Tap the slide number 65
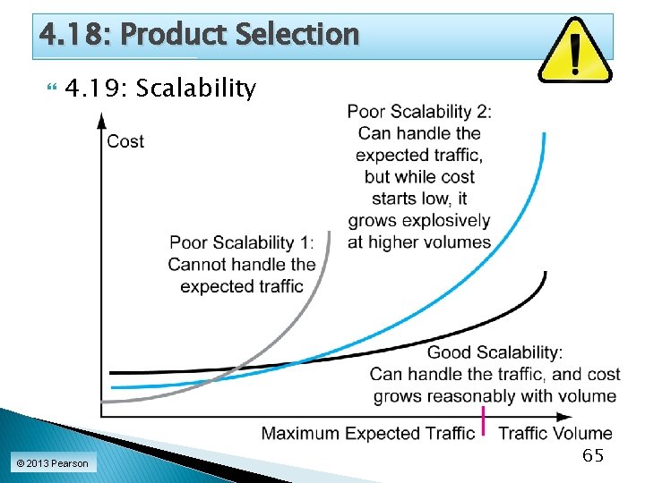pos(593,455)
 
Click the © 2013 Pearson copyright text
pos(52,463)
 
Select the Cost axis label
pos(125,141)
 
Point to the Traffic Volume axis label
pos(555,434)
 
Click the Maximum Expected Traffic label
pos(367,434)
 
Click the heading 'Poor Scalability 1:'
pos(242,242)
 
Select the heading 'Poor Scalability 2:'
pos(419,112)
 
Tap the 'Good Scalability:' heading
pos(494,352)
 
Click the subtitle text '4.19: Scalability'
pos(161,89)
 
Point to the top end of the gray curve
pos(329,233)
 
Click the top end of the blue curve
pos(544,134)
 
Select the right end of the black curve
pos(545,274)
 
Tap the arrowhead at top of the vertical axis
pos(101,119)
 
